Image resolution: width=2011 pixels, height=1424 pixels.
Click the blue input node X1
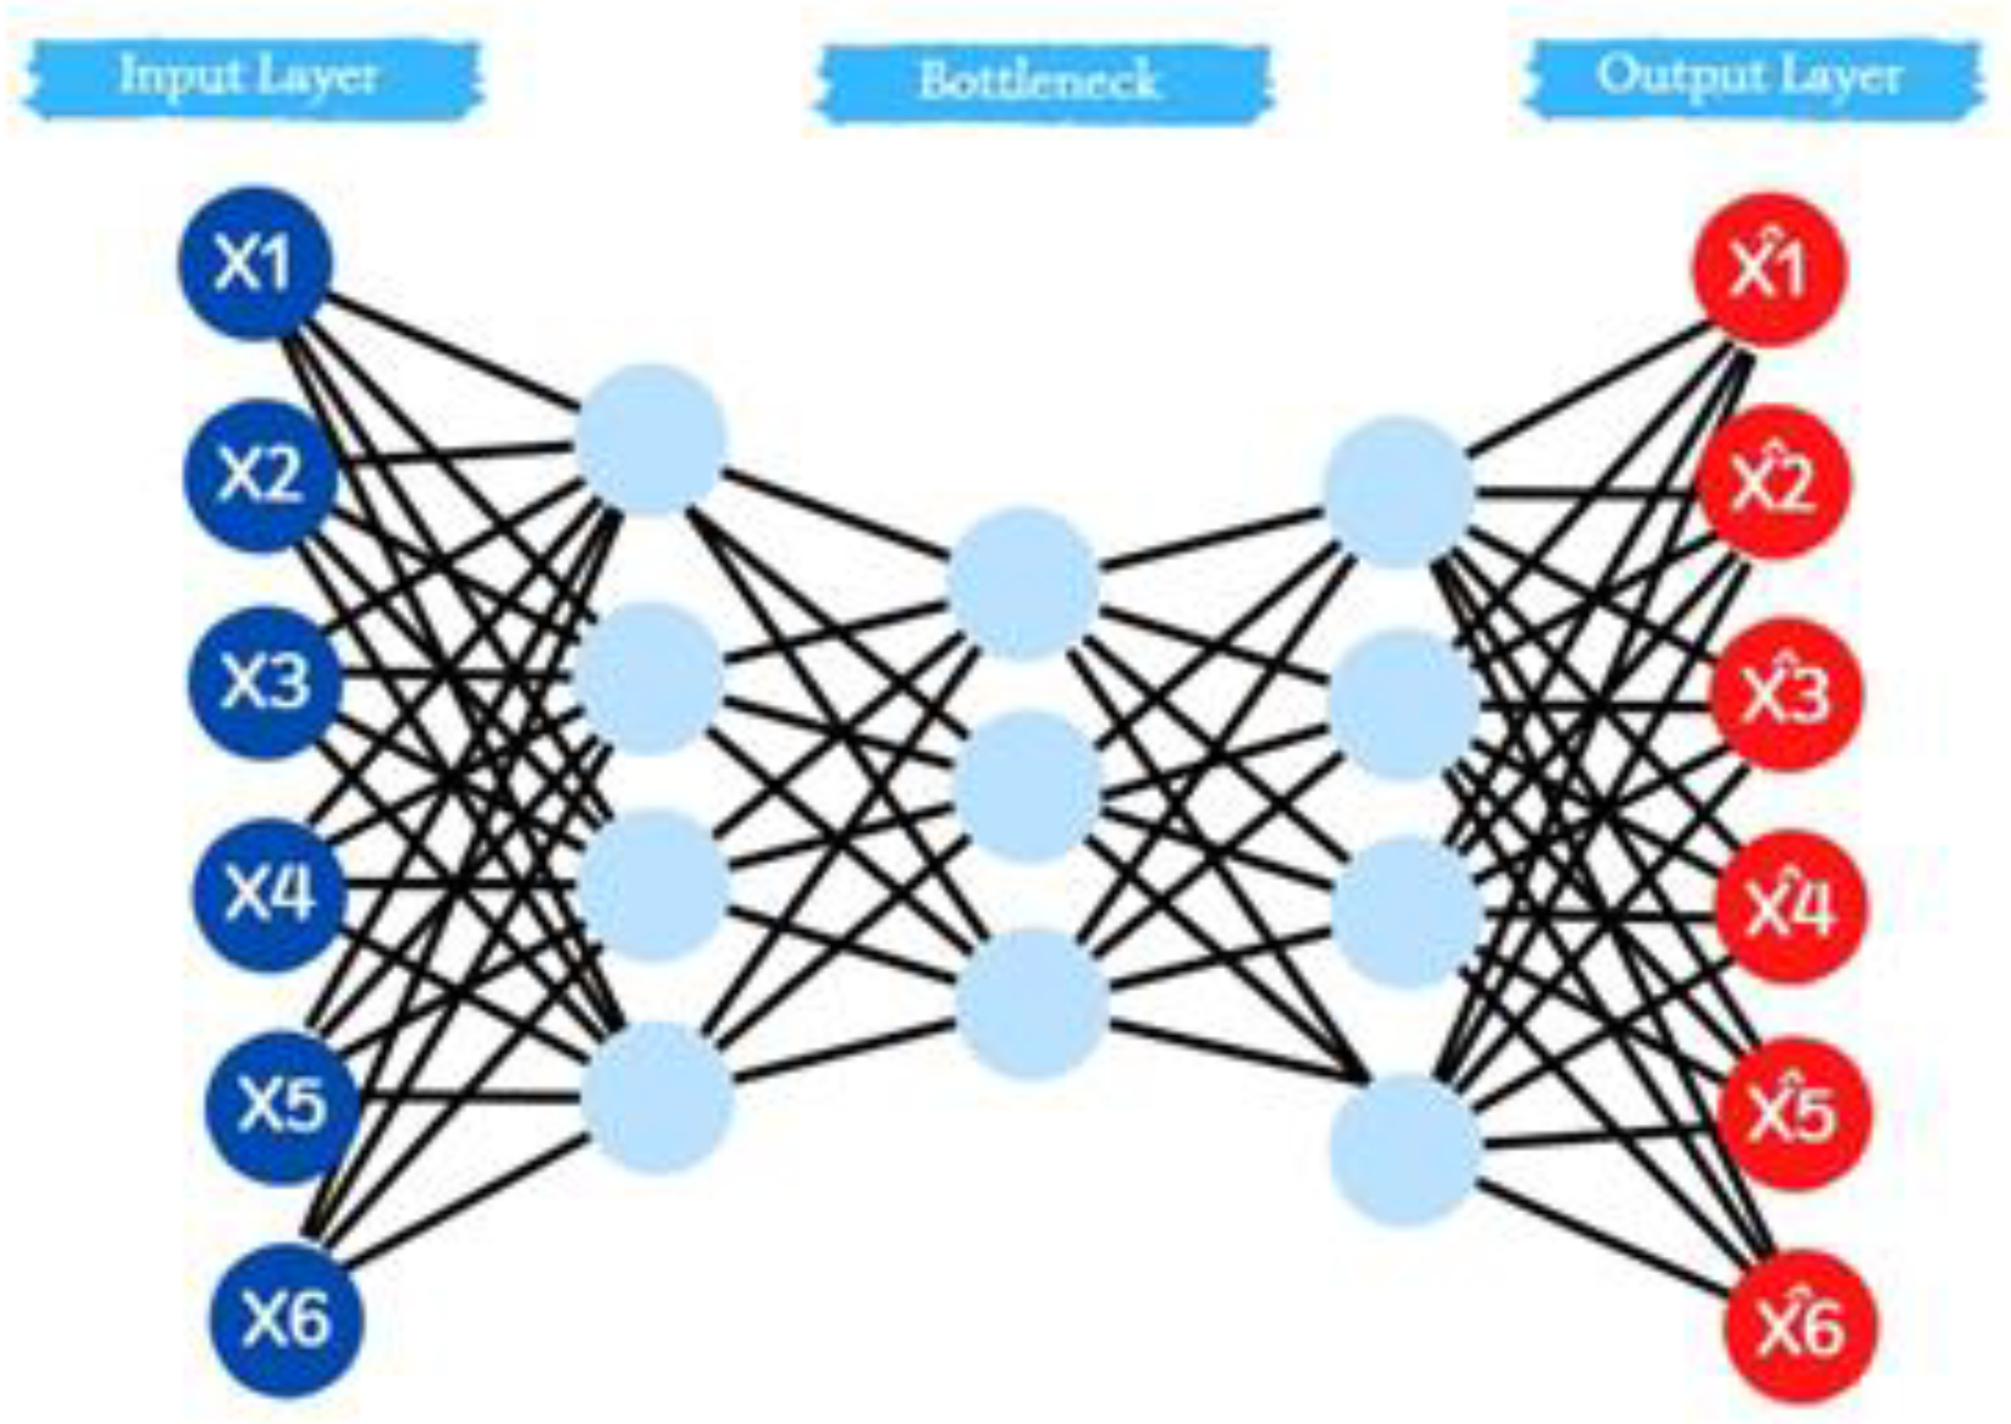pyautogui.click(x=255, y=262)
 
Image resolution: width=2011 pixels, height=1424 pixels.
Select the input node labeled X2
pyautogui.click(x=261, y=476)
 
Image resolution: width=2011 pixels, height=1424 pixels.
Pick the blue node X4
pyautogui.click(x=269, y=894)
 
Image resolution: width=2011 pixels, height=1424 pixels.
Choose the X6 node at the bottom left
pyautogui.click(x=286, y=1320)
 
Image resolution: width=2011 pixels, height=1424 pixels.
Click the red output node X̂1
pyautogui.click(x=1769, y=270)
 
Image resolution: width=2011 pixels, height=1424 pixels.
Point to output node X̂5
pyautogui.click(x=1796, y=1113)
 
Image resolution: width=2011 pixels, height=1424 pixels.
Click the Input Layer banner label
pyautogui.click(x=250, y=77)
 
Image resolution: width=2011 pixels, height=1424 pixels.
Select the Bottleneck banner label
pyautogui.click(x=1039, y=81)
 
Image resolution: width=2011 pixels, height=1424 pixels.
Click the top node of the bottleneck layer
pyautogui.click(x=1022, y=583)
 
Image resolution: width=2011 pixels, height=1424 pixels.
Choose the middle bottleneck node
pyautogui.click(x=1028, y=786)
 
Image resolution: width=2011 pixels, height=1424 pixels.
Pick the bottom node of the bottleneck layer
pyautogui.click(x=1031, y=1003)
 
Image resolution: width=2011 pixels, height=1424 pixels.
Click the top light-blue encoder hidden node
pyautogui.click(x=651, y=439)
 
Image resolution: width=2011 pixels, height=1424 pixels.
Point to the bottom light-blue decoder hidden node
pyautogui.click(x=1404, y=1150)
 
